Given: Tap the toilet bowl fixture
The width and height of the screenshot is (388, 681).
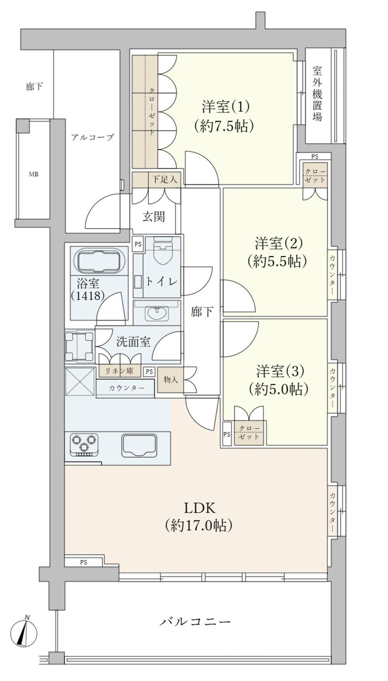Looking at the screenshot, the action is (163, 251).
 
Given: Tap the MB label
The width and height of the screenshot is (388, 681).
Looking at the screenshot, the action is (34, 174).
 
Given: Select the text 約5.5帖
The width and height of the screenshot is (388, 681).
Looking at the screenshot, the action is (277, 261).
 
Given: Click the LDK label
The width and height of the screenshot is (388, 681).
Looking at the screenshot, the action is (199, 507).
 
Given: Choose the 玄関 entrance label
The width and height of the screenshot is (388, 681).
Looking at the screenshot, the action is (154, 216).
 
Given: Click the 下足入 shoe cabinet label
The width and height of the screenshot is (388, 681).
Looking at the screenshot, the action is (164, 180).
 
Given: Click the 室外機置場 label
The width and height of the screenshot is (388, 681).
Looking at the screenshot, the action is (317, 93).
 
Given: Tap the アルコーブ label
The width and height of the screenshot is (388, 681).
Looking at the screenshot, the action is (92, 137).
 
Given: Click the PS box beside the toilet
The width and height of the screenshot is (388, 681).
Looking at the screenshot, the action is (138, 244).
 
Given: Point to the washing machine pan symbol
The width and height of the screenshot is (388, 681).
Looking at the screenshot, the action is (80, 346).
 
